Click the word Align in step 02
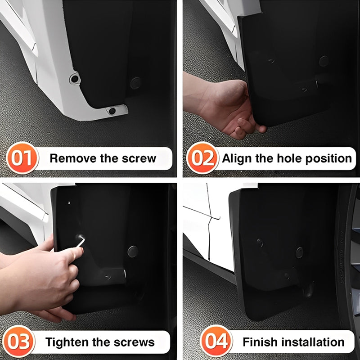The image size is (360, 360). click(x=238, y=158)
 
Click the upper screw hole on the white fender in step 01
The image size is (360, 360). click(x=74, y=79)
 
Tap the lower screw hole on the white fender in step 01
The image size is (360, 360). click(x=112, y=110)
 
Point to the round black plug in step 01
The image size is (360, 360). click(x=135, y=82)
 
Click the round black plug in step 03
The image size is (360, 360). click(x=132, y=251)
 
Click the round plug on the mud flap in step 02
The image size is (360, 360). click(x=324, y=61)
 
